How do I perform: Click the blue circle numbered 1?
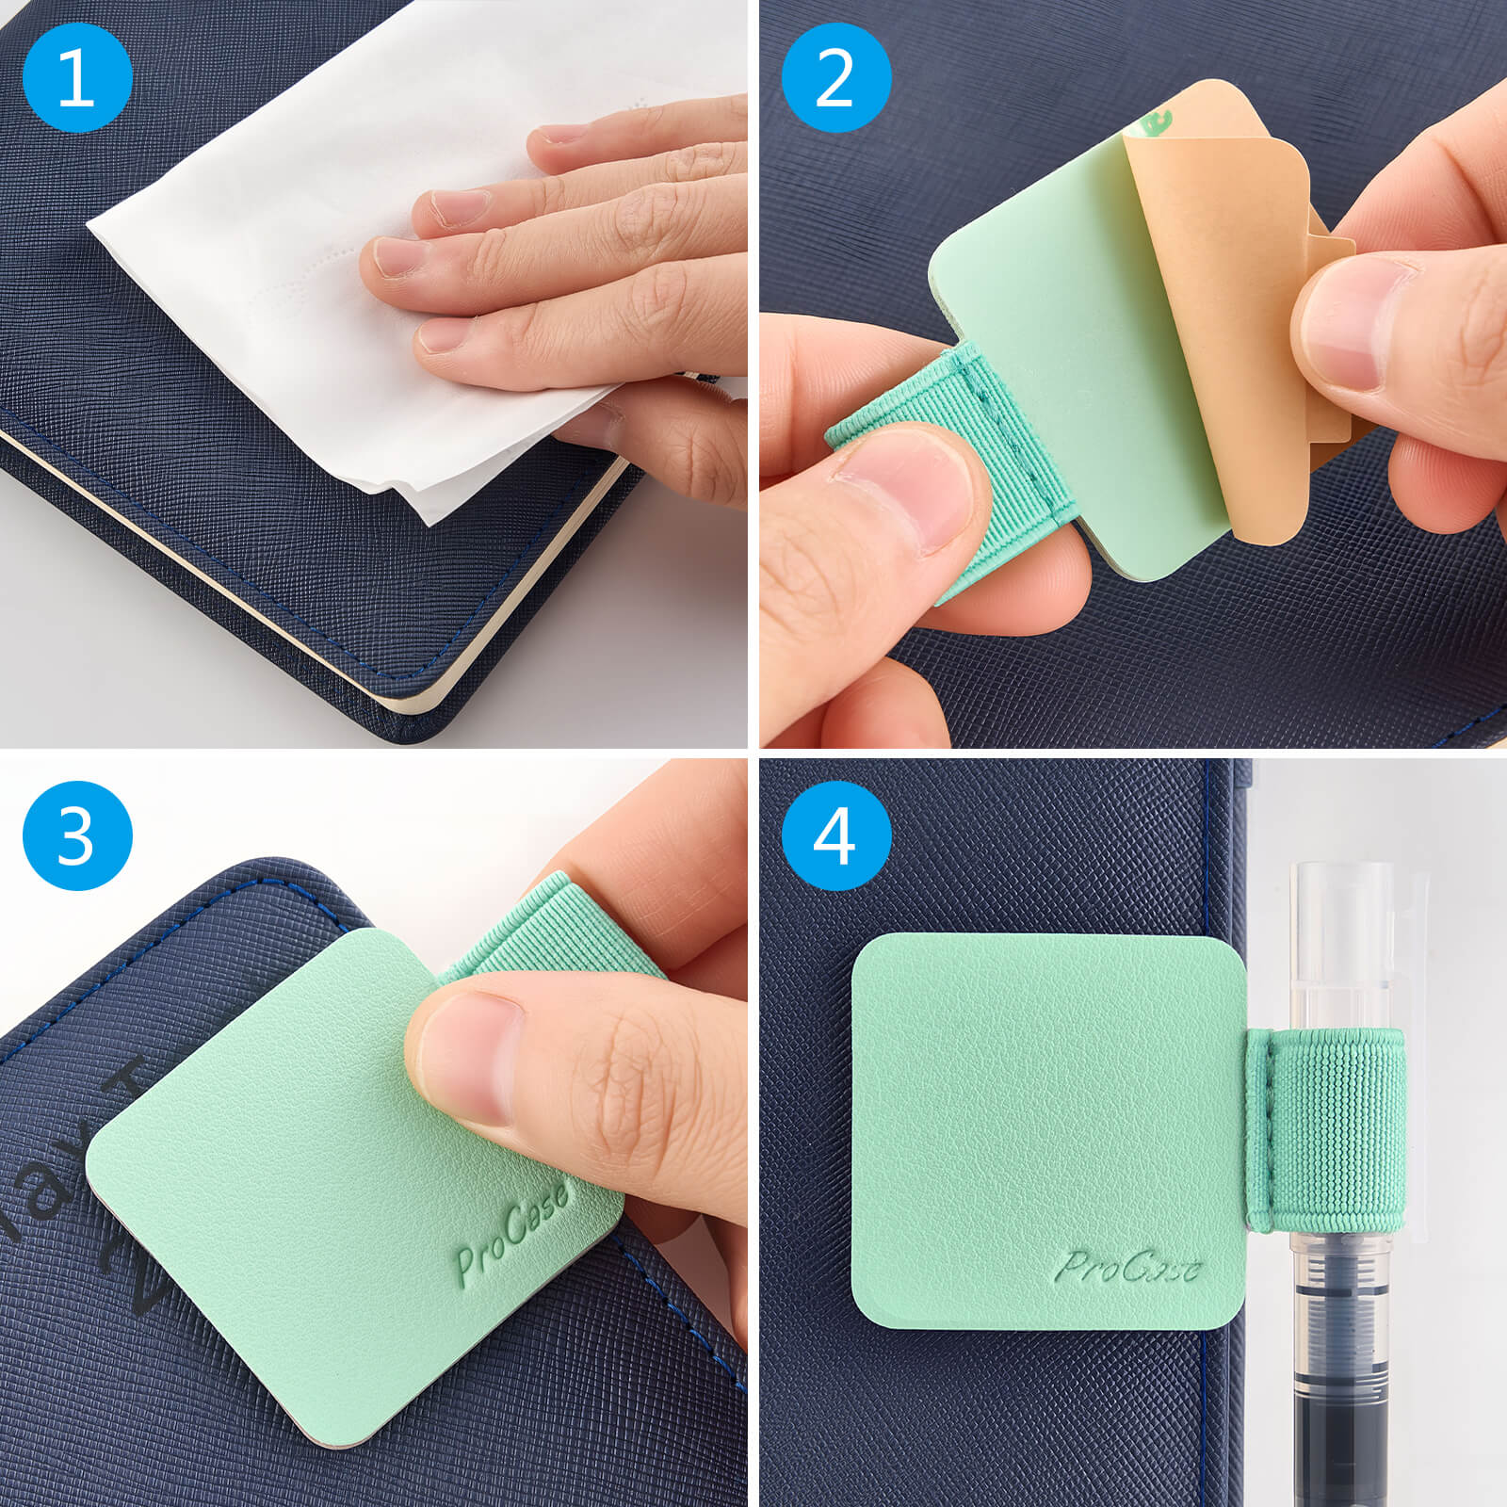[x=76, y=77]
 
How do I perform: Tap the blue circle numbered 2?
[x=835, y=77]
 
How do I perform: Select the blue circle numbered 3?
[x=76, y=835]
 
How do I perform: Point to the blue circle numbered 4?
[x=835, y=835]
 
